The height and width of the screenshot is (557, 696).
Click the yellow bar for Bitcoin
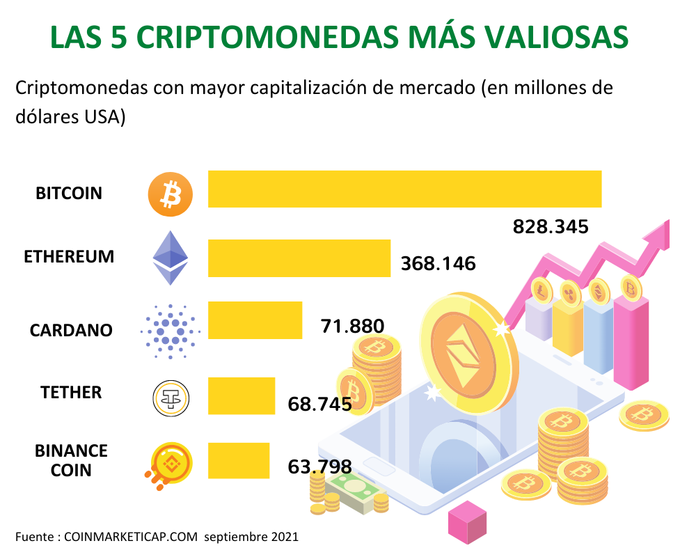[404, 189]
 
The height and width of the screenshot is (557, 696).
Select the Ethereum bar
[299, 258]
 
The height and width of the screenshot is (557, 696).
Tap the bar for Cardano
[255, 320]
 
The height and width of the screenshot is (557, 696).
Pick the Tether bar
[242, 395]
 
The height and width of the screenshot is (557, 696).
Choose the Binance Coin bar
[239, 460]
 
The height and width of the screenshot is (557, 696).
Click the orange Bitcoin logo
[170, 193]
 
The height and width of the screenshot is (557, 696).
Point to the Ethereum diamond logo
[171, 258]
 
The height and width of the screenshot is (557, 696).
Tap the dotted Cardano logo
[170, 330]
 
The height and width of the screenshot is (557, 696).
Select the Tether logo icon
[171, 398]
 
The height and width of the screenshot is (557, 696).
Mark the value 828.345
[551, 227]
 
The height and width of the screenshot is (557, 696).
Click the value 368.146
[438, 264]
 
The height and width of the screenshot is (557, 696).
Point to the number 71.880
[352, 326]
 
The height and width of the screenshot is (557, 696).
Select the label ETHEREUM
[69, 256]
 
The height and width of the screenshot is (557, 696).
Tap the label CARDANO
[71, 330]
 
